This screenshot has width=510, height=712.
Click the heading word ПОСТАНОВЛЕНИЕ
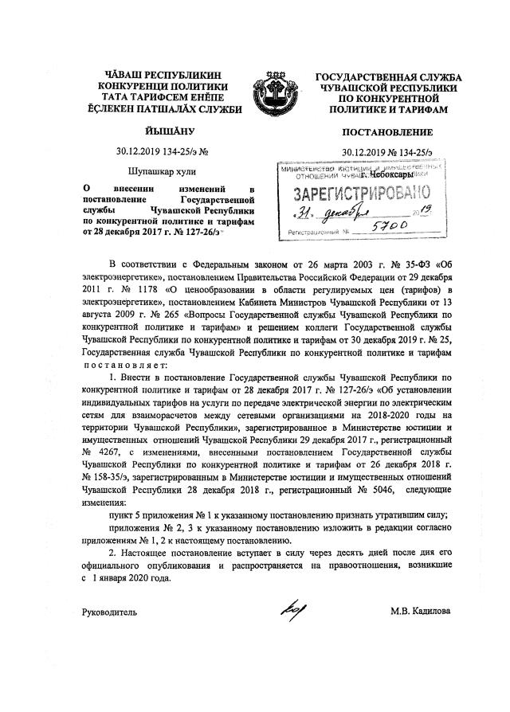[x=387, y=132]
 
